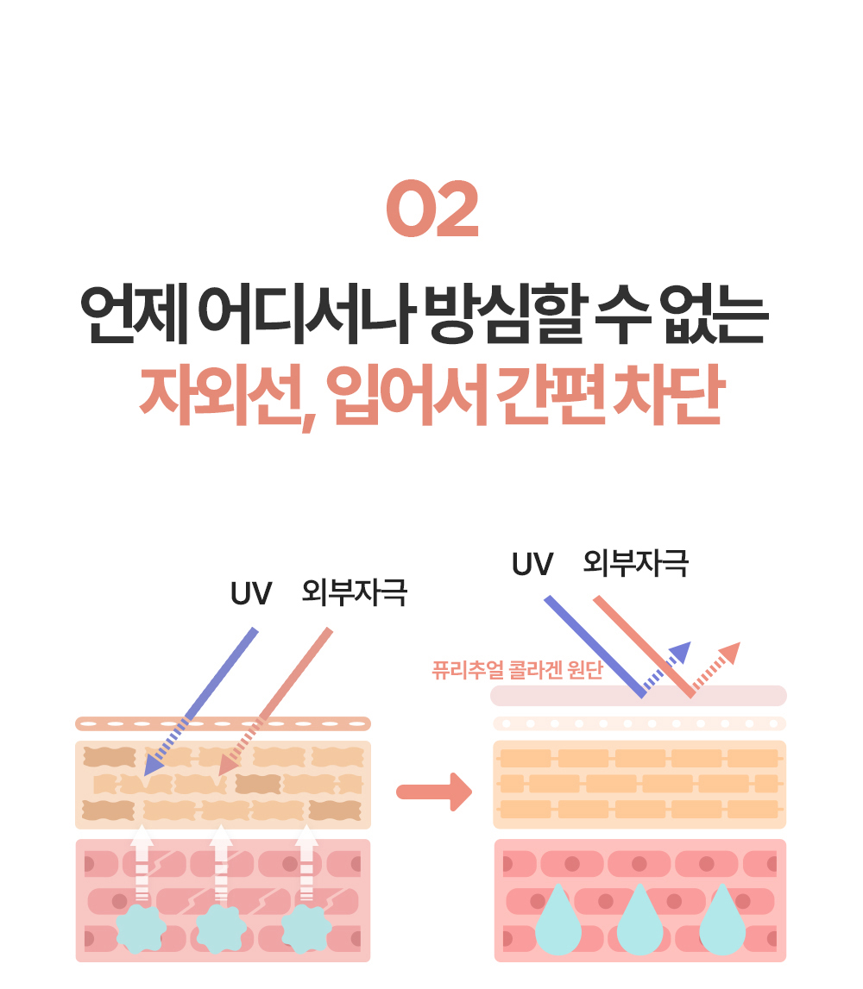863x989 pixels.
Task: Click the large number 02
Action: pyautogui.click(x=432, y=209)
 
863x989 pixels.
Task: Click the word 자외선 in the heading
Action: pyautogui.click(x=220, y=396)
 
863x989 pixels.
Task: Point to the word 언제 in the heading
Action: pyautogui.click(x=135, y=314)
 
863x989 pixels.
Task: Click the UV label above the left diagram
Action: pyautogui.click(x=250, y=593)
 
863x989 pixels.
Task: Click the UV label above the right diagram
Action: pyautogui.click(x=532, y=564)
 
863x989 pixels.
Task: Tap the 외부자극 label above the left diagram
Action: pyautogui.click(x=354, y=593)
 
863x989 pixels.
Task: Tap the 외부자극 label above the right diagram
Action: pyautogui.click(x=636, y=563)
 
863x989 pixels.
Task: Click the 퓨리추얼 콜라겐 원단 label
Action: pyautogui.click(x=518, y=670)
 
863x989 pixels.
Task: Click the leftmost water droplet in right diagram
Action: pyautogui.click(x=558, y=920)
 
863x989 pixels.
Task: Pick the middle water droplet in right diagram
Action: pyautogui.click(x=640, y=920)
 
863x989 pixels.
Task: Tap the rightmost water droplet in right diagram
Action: pyautogui.click(x=722, y=920)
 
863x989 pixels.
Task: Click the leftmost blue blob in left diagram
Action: pyautogui.click(x=142, y=929)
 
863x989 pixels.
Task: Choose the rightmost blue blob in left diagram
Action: pyautogui.click(x=306, y=929)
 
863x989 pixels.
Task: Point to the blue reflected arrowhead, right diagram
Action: pyautogui.click(x=681, y=652)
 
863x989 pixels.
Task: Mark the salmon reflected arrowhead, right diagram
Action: pyautogui.click(x=729, y=653)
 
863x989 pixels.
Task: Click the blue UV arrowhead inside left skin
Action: pyautogui.click(x=154, y=765)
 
